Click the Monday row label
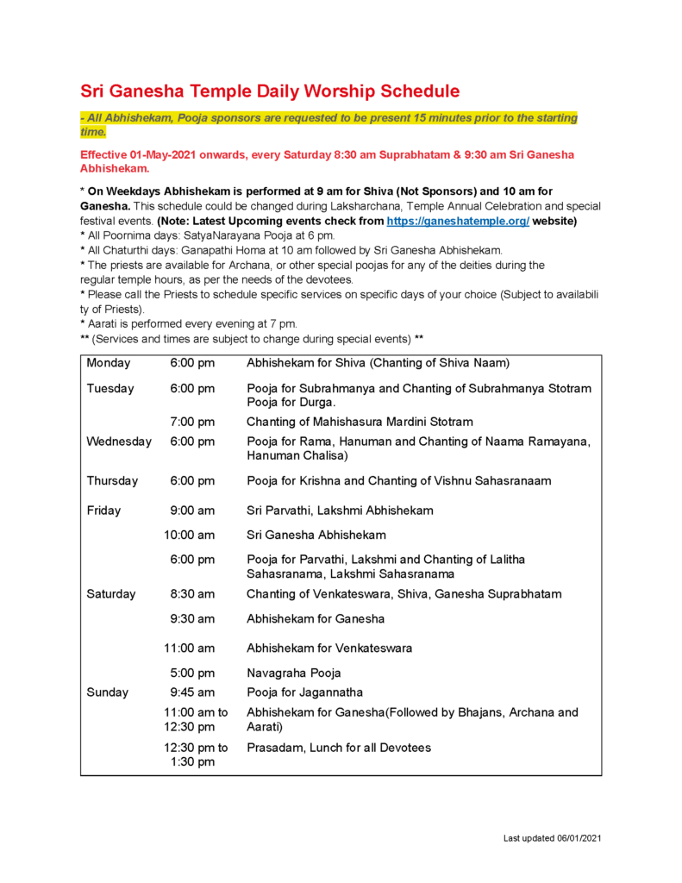coord(109,363)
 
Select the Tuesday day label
coord(110,389)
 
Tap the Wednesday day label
coord(119,441)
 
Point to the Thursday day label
coord(112,480)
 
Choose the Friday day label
coord(103,510)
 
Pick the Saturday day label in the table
coord(111,594)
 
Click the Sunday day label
coord(107,692)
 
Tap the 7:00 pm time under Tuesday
coord(192,422)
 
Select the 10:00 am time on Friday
coord(190,535)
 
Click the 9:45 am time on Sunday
coord(192,692)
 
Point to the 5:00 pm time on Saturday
coord(192,673)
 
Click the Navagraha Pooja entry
coord(293,673)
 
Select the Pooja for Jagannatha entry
coord(304,692)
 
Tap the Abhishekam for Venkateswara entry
coord(329,648)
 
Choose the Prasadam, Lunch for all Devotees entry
coord(339,748)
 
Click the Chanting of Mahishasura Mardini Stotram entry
coord(360,422)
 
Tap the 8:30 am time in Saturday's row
coord(192,594)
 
